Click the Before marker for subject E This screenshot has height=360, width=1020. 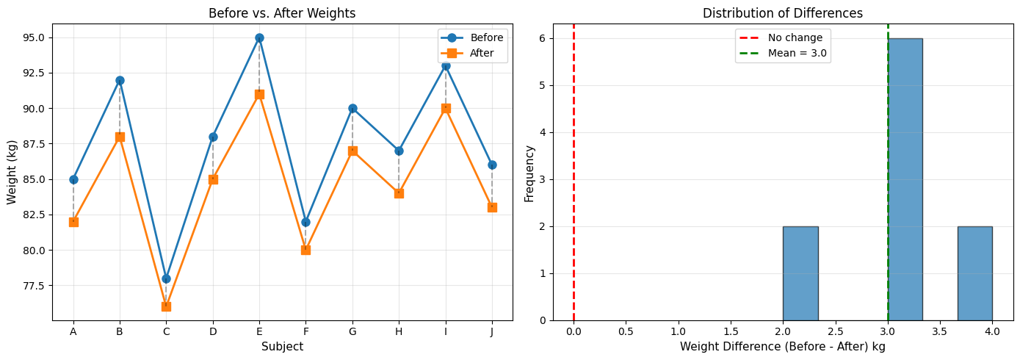259,37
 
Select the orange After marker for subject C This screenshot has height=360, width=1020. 166,306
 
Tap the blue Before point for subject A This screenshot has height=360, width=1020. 73,179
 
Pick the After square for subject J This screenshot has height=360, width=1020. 492,207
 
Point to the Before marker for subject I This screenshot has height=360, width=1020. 446,65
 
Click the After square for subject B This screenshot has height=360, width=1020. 120,137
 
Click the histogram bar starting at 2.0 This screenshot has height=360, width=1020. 800,273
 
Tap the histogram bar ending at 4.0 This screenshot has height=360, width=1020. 974,273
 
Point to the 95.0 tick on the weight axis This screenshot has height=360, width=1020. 36,37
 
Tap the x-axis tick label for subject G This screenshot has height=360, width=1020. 352,331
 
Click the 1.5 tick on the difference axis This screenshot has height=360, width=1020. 731,331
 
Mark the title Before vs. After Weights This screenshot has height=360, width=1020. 282,13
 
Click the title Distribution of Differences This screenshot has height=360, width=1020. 783,13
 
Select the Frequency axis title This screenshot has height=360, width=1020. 529,172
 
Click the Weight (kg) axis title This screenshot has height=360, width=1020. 12,172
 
